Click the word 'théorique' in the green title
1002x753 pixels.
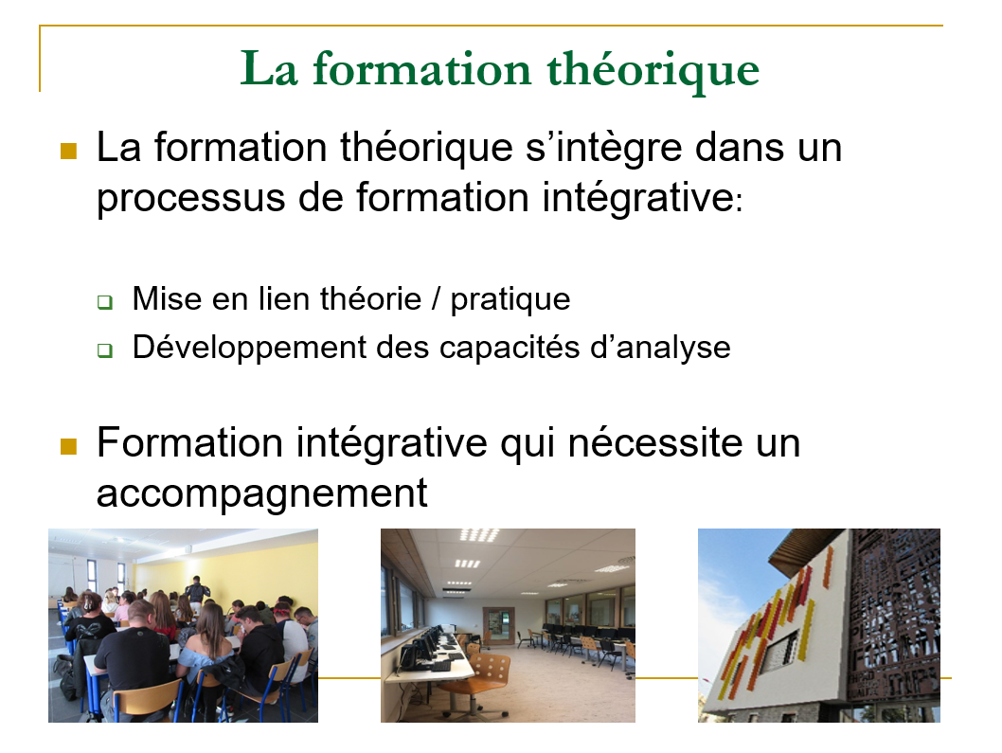[653, 70]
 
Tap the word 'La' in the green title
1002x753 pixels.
[269, 68]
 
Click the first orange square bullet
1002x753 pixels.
[68, 151]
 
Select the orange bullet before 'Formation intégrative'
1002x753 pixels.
[68, 446]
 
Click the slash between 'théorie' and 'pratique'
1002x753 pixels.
[436, 298]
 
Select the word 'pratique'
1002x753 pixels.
[510, 300]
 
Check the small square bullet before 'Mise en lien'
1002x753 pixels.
[105, 302]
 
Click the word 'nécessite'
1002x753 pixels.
[655, 443]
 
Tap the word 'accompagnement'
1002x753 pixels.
[262, 494]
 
